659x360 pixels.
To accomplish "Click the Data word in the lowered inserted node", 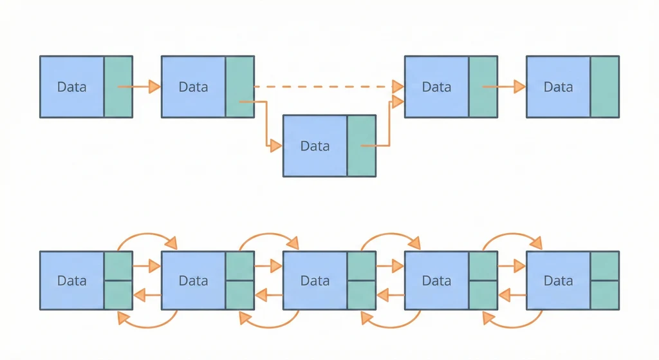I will click(x=315, y=146).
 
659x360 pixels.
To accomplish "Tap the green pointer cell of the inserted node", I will click(x=362, y=146).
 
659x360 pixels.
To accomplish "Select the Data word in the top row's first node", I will click(x=71, y=87).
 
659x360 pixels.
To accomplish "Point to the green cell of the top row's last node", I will click(x=605, y=87).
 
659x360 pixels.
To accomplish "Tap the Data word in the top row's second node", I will click(x=193, y=87).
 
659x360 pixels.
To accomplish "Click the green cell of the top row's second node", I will click(x=240, y=87).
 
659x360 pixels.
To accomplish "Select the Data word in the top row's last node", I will click(x=558, y=87).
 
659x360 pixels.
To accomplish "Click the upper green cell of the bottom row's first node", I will click(x=118, y=265).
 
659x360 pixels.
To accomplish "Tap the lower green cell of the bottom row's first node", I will click(x=118, y=296).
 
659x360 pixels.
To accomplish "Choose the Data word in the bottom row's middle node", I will click(x=315, y=281).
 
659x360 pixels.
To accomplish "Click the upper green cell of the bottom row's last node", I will click(x=605, y=265).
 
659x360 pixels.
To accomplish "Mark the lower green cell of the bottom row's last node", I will click(x=605, y=296).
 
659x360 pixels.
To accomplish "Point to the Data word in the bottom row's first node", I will click(x=71, y=281).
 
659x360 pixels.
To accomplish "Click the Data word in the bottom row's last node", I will click(x=558, y=281).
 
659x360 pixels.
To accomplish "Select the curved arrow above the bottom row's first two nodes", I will click(x=147, y=235).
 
